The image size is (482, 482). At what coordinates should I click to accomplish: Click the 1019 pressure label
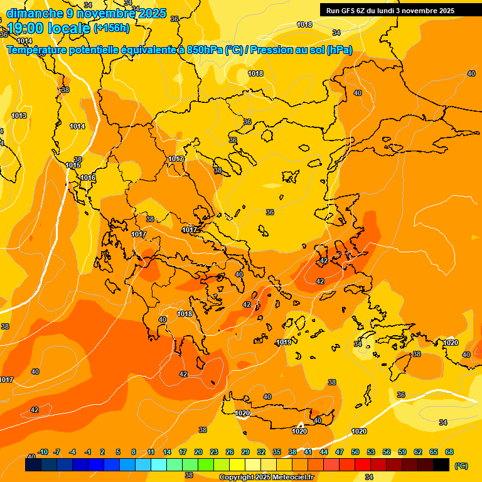tap(284, 342)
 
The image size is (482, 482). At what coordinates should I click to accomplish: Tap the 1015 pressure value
tap(73, 165)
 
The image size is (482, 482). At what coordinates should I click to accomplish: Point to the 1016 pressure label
tap(88, 178)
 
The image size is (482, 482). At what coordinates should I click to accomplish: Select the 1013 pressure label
tap(19, 116)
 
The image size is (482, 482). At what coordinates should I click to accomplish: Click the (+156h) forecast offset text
tap(111, 28)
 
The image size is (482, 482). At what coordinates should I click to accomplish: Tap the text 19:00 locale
tap(48, 28)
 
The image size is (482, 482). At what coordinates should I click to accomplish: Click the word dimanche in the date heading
tap(35, 13)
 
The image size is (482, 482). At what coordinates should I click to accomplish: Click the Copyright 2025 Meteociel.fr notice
tap(267, 477)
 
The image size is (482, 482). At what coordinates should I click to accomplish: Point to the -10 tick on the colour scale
tap(43, 452)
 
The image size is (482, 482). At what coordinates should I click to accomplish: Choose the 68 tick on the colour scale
tap(449, 452)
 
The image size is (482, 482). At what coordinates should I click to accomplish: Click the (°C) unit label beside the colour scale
tap(461, 466)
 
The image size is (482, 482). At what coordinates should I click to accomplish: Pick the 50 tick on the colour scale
tap(355, 452)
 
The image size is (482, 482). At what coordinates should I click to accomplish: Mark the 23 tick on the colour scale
tap(214, 452)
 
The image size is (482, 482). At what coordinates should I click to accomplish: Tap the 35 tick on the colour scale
tap(277, 452)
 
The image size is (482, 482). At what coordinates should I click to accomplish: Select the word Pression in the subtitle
tap(270, 50)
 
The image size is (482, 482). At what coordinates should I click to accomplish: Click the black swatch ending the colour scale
tap(441, 465)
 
